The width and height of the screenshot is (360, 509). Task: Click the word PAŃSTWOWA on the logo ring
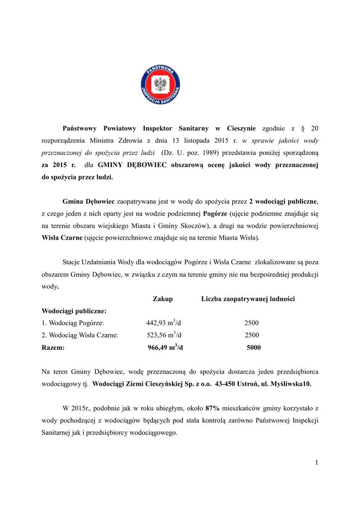tap(160, 71)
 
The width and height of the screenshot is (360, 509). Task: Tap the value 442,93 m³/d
tap(164, 323)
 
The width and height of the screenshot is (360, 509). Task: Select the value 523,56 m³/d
tap(164, 335)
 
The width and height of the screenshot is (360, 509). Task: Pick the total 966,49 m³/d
tap(165, 347)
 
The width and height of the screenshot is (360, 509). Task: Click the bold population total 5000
tap(254, 348)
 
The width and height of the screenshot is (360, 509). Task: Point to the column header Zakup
tap(163, 299)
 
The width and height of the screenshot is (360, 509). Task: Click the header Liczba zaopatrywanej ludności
tap(248, 299)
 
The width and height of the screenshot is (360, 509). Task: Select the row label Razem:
tap(53, 348)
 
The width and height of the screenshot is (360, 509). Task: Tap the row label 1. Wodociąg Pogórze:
tap(73, 323)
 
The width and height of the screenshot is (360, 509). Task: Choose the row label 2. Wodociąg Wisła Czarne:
tap(80, 336)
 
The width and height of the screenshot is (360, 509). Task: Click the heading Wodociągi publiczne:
tap(74, 311)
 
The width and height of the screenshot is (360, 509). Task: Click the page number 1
tap(316, 463)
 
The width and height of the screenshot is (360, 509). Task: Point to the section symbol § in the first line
tap(303, 128)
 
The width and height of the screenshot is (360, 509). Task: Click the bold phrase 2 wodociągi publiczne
tap(283, 201)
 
